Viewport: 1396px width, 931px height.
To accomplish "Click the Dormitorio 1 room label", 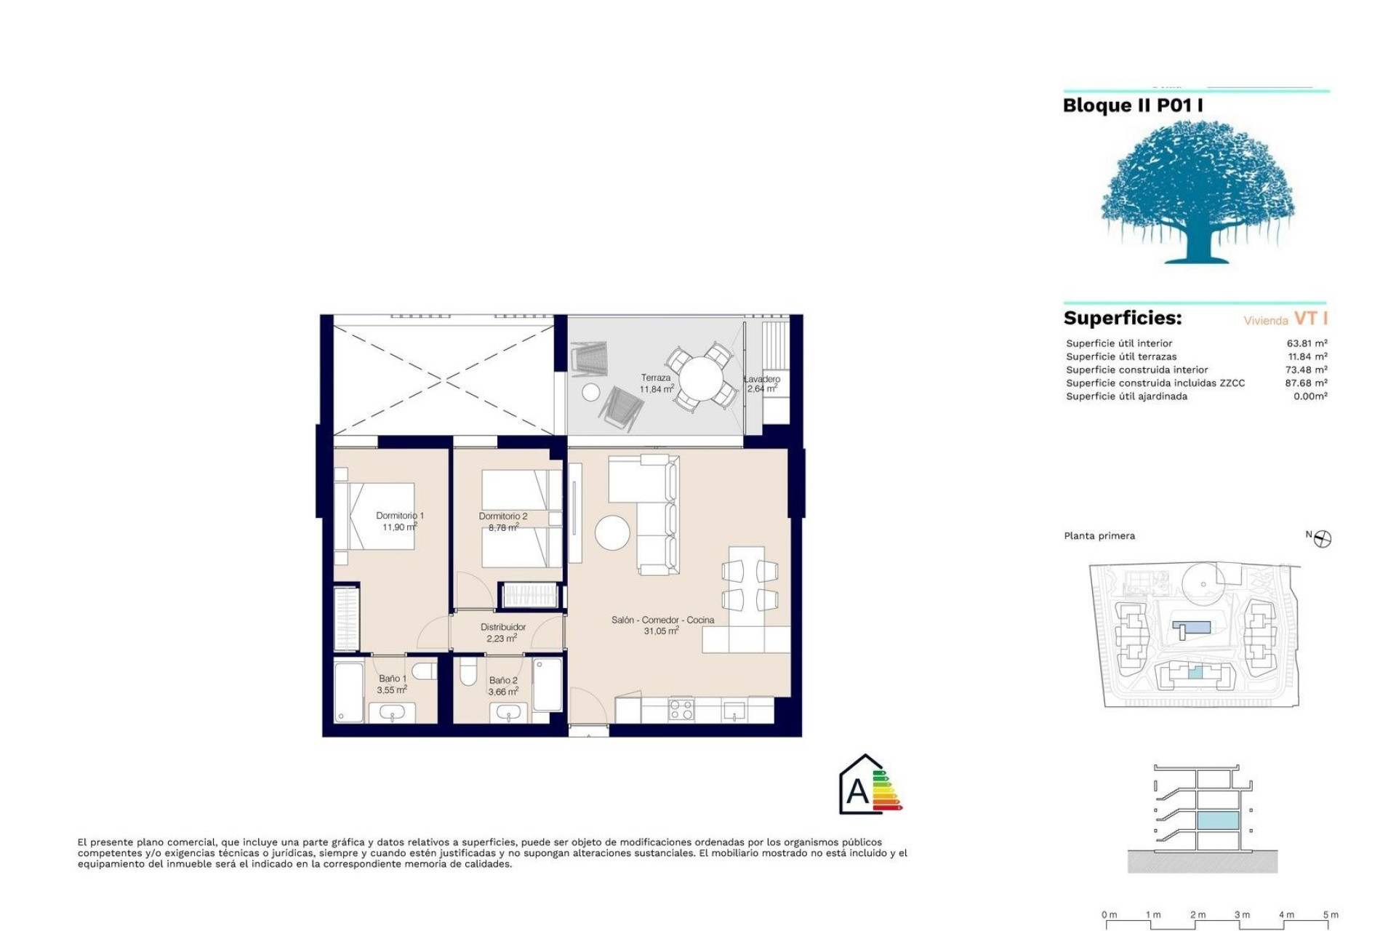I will (399, 516).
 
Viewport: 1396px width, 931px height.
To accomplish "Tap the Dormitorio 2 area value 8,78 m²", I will (502, 527).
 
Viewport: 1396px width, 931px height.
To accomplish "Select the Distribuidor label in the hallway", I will (502, 627).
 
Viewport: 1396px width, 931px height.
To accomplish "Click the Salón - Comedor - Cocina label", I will (662, 620).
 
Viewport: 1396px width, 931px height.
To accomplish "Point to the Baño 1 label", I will (393, 679).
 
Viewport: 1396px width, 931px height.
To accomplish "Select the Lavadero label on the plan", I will (762, 379).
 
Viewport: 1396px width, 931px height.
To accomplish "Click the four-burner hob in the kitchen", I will (681, 709).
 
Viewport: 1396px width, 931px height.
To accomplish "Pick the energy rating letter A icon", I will (858, 790).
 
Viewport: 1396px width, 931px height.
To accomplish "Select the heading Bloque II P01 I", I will (1132, 105).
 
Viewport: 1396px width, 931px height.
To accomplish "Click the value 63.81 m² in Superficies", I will (1307, 343).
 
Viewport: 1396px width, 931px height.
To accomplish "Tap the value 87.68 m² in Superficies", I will (1306, 383).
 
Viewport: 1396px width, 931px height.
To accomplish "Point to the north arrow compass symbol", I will (1323, 539).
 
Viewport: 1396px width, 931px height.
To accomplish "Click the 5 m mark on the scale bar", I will (1330, 915).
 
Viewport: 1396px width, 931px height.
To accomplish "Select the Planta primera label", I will (1099, 536).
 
